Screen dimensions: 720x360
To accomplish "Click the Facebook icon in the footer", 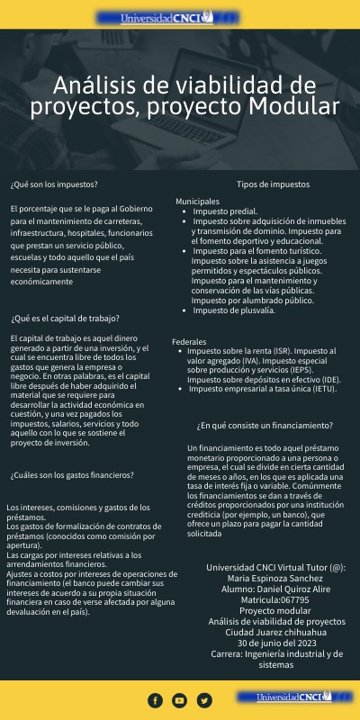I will [155, 700].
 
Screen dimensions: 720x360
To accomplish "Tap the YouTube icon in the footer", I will [179, 700].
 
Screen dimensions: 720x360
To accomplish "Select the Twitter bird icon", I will [204, 700].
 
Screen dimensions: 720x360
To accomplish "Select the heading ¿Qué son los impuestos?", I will [54, 184].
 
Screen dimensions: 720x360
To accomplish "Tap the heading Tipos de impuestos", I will [273, 184].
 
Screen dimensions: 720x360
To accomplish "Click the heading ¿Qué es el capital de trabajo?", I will [65, 318].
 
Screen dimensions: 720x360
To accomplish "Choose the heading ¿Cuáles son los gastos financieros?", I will [72, 474].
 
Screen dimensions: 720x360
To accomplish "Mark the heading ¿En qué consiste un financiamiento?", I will [264, 425].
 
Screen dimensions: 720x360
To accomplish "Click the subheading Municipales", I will [197, 201].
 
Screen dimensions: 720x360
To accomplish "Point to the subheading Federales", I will [189, 341].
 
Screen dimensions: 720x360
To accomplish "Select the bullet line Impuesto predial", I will [224, 211].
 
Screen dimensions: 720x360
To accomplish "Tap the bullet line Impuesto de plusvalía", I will [234, 310].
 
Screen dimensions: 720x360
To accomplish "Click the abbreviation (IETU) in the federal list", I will [308, 389].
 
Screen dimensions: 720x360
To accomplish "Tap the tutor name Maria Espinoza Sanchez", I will [275, 578].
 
